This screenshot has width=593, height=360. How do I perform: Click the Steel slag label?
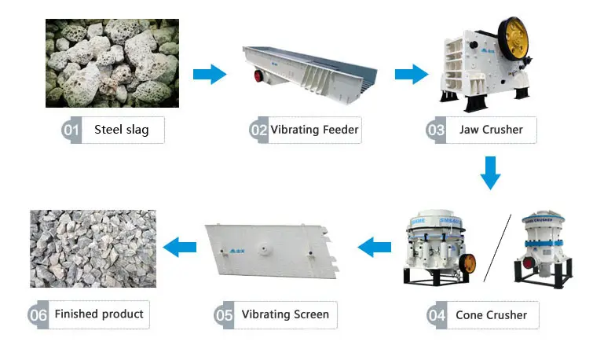pos(120,130)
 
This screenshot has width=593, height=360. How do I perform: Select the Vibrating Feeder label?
pos(315,130)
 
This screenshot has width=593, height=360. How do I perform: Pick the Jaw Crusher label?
pos(491,130)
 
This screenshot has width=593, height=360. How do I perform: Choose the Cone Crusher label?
pos(492,315)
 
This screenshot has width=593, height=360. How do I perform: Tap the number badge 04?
pos(437,316)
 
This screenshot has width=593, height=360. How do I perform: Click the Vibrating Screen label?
pos(285,315)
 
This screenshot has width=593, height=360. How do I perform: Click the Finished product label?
pos(99,314)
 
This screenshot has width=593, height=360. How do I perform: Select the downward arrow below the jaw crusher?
pos(491,173)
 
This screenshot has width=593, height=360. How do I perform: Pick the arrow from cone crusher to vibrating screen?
pos(375,248)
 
